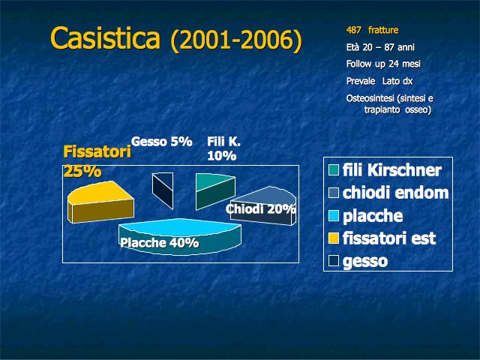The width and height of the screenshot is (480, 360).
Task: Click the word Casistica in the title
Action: click(105, 38)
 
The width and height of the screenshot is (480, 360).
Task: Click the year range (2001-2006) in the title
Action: click(236, 40)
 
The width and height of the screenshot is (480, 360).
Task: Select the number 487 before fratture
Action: click(353, 30)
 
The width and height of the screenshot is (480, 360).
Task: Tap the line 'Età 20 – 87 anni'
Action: click(380, 47)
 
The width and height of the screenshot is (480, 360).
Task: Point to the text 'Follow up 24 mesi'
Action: click(383, 64)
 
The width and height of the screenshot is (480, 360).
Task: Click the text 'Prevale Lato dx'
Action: click(379, 81)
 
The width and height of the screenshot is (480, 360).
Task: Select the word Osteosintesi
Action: click(365, 98)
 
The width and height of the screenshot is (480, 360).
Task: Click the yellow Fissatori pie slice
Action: click(100, 202)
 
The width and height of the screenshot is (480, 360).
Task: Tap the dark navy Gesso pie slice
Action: click(163, 190)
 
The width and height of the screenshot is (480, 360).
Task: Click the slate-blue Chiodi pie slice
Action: click(263, 205)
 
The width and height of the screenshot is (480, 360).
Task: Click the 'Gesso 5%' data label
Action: click(162, 142)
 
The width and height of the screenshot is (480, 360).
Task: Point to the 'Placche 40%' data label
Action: click(160, 243)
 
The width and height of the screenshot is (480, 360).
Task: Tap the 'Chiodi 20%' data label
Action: click(261, 209)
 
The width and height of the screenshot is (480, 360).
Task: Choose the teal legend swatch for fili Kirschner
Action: click(334, 170)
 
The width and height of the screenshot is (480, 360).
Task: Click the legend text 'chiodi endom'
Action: click(395, 193)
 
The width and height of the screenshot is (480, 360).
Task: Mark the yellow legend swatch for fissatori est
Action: click(334, 238)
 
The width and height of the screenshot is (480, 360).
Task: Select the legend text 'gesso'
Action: click(365, 262)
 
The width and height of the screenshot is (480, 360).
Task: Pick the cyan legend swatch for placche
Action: click(334, 215)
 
